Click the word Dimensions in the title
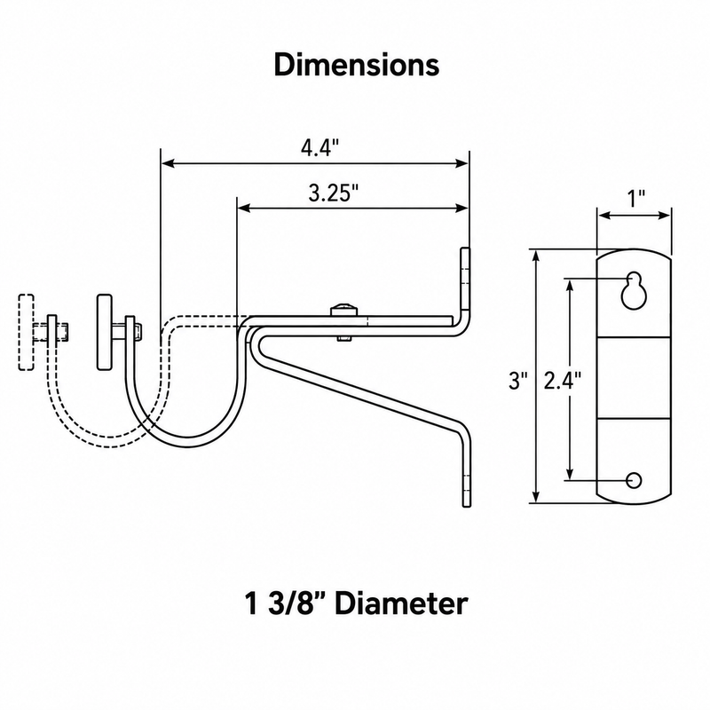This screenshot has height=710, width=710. pos(357,65)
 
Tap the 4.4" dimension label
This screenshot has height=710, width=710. pos(319,147)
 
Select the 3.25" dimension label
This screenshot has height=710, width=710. pos(334,193)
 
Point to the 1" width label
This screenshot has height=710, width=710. pos(635,199)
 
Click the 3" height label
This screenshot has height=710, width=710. pos(518,381)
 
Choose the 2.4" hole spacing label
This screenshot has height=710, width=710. pos(562,381)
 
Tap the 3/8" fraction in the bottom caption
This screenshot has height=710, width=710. pos(291,603)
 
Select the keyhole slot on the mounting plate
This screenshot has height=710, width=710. pos(634,291)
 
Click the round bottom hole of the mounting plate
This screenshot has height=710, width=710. pos(634,480)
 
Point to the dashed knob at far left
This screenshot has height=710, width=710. pos(27,332)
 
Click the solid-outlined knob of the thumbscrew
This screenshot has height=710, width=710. pos(105,332)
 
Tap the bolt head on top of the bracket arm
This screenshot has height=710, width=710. pos(344,311)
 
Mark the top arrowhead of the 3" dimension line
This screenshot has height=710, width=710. pos(537,256)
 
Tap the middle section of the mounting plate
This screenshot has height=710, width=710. pos(634,378)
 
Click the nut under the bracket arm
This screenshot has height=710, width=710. pos(344,338)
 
